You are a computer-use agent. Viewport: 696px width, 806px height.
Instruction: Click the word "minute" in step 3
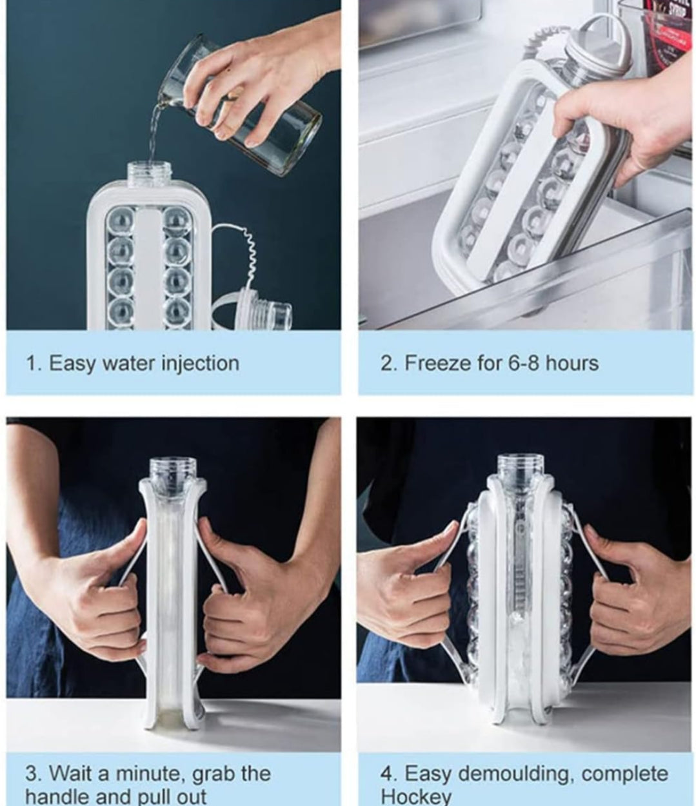click(x=150, y=774)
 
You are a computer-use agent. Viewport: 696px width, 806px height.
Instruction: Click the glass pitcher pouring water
click(x=242, y=106)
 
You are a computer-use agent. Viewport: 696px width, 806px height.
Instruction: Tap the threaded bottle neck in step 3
click(x=174, y=474)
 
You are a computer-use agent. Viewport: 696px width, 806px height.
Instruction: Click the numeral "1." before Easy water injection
click(x=34, y=364)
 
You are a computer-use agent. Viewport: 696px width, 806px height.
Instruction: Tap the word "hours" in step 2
click(x=572, y=364)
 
